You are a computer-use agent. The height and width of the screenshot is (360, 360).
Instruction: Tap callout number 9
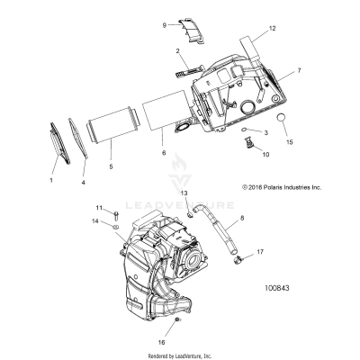click(165, 26)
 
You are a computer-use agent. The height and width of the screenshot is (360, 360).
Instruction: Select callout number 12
click(268, 31)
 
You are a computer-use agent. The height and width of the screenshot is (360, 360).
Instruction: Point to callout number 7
click(300, 69)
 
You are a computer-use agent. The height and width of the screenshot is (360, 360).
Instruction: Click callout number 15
click(290, 142)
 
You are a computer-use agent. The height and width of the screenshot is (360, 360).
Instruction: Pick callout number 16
click(162, 341)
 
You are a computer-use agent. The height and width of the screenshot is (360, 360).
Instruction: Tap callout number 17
click(260, 254)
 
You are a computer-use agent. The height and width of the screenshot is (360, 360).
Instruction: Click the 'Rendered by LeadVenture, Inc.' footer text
click(180, 355)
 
